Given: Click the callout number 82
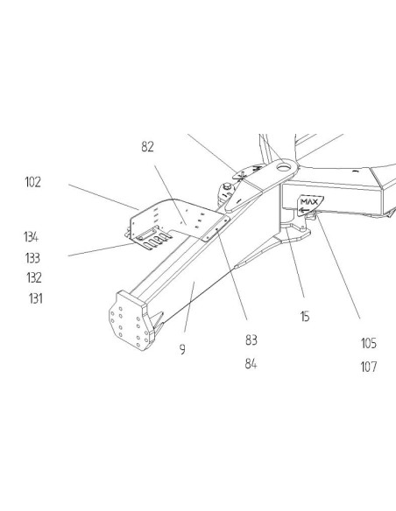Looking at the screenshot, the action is (147, 147).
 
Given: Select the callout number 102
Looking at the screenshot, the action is (33, 182).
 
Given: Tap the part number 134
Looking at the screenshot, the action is (31, 237).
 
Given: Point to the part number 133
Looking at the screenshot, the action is (32, 258).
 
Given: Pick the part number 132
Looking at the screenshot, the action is (34, 278).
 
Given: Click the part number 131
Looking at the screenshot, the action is (36, 298).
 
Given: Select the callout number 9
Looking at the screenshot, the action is (182, 349).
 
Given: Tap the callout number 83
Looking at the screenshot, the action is (251, 340).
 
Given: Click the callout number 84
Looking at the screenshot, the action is (251, 364).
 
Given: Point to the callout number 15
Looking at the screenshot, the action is (305, 317).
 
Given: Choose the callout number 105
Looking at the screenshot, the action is (369, 343).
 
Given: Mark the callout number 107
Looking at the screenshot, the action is (369, 367).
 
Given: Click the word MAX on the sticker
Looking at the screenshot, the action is (309, 202).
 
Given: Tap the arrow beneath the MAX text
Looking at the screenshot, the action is (304, 211).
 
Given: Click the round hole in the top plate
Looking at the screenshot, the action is (282, 167).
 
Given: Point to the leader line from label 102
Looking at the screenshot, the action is (103, 197).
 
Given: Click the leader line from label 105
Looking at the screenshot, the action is (338, 267).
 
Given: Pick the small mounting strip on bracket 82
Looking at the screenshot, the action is (216, 229).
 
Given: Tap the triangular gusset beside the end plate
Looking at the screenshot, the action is (157, 322).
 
